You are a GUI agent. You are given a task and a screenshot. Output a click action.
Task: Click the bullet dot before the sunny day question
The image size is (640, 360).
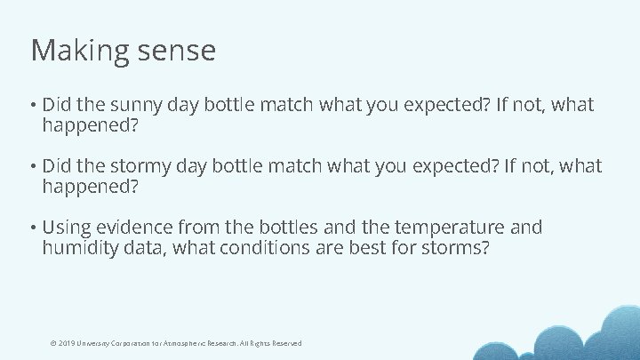(33, 106)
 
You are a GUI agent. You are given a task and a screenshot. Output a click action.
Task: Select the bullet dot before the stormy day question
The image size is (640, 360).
(33, 167)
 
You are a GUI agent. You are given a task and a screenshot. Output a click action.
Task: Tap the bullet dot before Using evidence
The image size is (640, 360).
(33, 228)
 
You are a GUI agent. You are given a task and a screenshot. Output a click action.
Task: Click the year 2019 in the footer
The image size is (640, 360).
(66, 343)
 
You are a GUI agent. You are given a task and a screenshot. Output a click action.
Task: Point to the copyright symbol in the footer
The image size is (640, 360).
(53, 343)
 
